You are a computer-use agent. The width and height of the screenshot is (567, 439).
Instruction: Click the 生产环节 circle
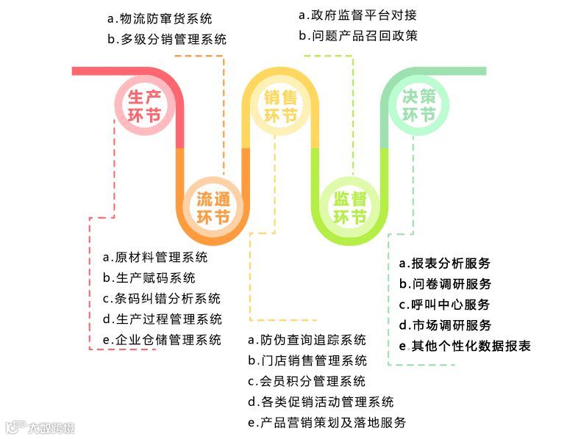pyautogui.click(x=145, y=106)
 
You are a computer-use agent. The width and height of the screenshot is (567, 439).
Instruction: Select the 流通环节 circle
pyautogui.click(x=213, y=208)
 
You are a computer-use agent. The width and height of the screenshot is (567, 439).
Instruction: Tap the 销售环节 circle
pyautogui.click(x=280, y=106)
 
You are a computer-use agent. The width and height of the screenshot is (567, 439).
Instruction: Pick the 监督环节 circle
pyautogui.click(x=350, y=208)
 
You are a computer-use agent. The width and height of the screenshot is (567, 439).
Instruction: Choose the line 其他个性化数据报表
pyautogui.click(x=464, y=346)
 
